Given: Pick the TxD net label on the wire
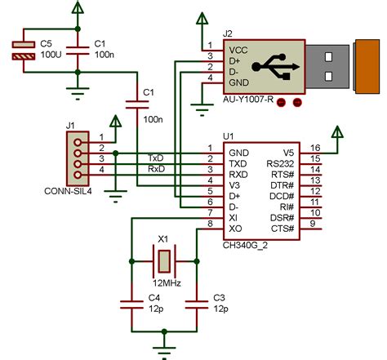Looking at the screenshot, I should [x=156, y=157].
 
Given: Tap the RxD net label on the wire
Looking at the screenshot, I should [x=156, y=169].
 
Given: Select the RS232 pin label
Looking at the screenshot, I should [x=280, y=164].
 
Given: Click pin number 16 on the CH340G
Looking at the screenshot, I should [x=315, y=147].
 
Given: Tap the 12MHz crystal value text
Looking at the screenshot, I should [x=165, y=283].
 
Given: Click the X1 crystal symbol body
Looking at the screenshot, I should [x=165, y=262].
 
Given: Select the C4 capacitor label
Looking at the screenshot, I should [x=153, y=298].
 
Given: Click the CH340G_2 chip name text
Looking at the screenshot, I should [x=246, y=244].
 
